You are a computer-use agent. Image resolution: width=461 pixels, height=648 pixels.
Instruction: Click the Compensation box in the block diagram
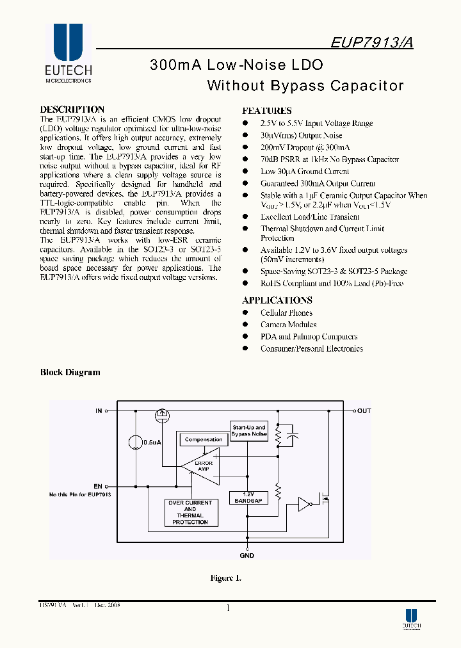click(x=204, y=440)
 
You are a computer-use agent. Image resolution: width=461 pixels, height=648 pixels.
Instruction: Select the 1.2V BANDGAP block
click(x=248, y=498)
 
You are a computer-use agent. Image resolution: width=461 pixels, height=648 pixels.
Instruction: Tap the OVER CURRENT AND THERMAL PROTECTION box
click(x=190, y=512)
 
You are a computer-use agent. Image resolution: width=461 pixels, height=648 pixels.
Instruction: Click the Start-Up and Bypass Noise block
click(x=249, y=430)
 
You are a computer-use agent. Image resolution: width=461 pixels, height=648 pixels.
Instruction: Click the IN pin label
click(x=99, y=410)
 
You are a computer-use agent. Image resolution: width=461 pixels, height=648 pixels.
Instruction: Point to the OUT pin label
click(x=364, y=410)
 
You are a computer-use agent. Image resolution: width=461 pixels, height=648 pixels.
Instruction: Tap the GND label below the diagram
click(x=247, y=555)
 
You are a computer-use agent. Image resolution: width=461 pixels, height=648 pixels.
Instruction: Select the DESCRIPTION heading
click(x=72, y=109)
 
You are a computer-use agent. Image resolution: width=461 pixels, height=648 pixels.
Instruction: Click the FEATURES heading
click(x=267, y=110)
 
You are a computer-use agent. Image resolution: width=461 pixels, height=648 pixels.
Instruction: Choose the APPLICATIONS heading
click(x=277, y=300)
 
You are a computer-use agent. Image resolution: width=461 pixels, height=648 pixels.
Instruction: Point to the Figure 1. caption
click(x=226, y=578)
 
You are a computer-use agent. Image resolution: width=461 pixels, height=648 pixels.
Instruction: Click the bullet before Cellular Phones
click(x=245, y=312)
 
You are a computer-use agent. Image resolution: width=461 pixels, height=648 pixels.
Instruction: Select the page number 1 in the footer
click(x=228, y=608)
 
